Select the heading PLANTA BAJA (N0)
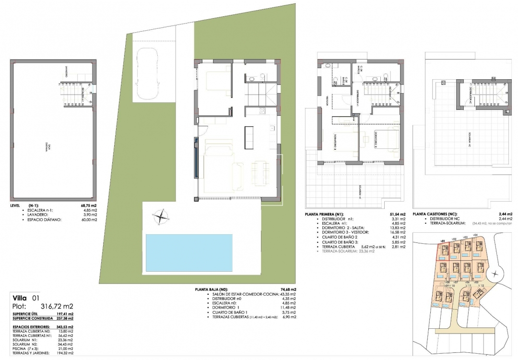point(212,290)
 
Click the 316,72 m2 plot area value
point(56,306)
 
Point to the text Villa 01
point(26,298)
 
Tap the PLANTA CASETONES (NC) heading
point(434,214)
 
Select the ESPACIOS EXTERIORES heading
point(32,327)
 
